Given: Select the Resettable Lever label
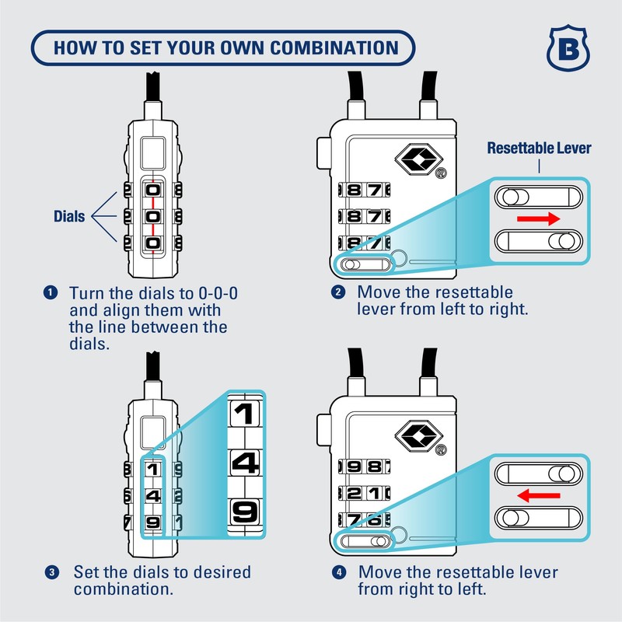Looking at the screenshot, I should (539, 148).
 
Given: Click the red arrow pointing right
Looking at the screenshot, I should (539, 219).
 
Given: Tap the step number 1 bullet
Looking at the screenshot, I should (51, 293).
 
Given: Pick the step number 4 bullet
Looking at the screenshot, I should (338, 573).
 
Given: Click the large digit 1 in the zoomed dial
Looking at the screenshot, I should (245, 413).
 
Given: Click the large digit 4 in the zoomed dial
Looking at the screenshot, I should (245, 463).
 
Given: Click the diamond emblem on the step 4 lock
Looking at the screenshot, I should (419, 435).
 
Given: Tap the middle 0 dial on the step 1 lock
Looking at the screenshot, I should (153, 216).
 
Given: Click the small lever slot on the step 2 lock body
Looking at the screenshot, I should (364, 264).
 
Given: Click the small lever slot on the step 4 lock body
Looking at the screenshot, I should (364, 541).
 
